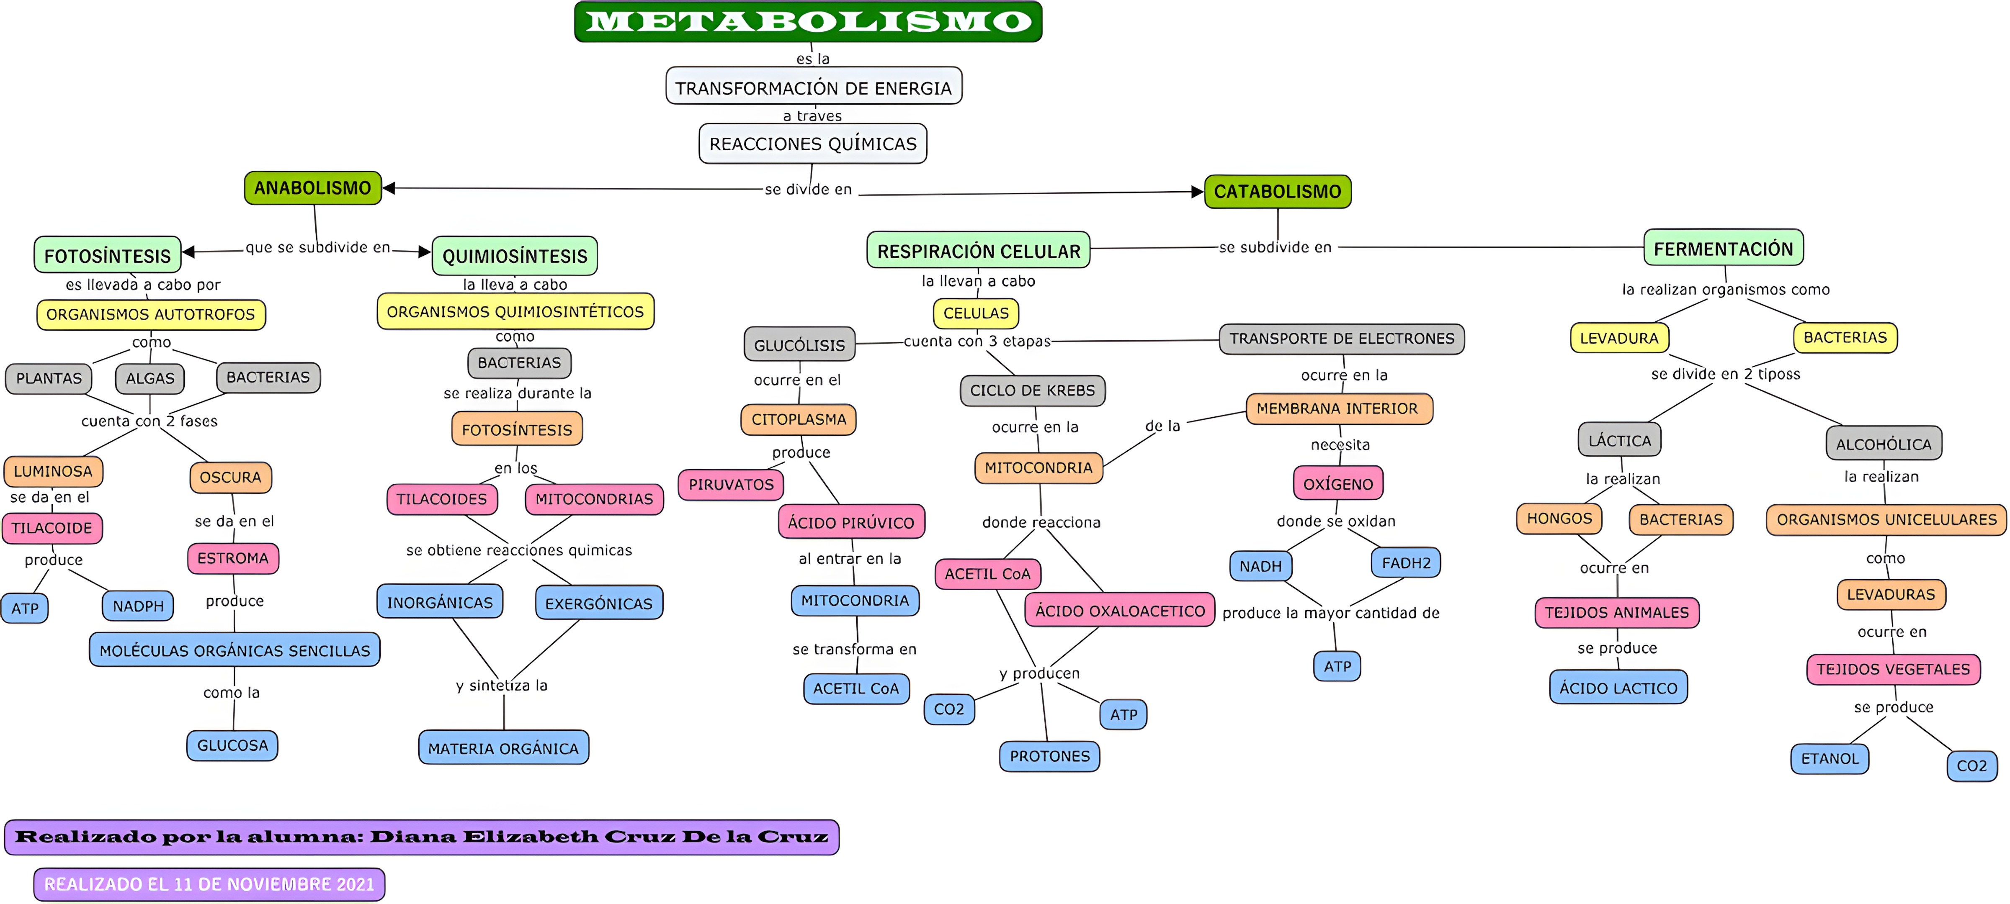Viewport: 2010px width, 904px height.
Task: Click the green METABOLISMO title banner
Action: [x=808, y=22]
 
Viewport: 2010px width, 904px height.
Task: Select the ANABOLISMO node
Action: [x=313, y=188]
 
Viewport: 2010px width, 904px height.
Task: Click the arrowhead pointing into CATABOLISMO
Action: [x=1197, y=192]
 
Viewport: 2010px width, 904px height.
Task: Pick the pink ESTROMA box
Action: [x=232, y=558]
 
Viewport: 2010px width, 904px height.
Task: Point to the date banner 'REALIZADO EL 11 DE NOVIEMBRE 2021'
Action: [x=209, y=884]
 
